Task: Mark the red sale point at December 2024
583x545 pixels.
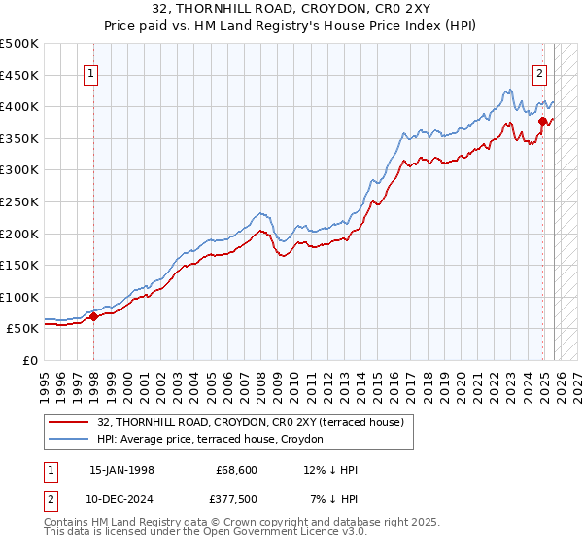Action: tap(542, 121)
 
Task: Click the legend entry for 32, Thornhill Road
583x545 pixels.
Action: tap(256, 421)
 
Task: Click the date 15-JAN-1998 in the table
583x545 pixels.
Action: tap(121, 470)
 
